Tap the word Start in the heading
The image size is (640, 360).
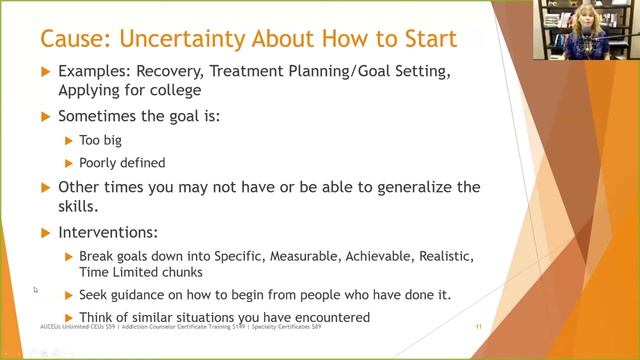coord(421,40)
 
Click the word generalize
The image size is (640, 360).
coord(408,187)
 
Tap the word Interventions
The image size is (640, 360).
coord(106,232)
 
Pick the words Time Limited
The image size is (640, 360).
coord(120,272)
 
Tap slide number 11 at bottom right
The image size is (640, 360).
coord(479,327)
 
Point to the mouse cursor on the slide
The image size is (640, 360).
coord(35,290)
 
